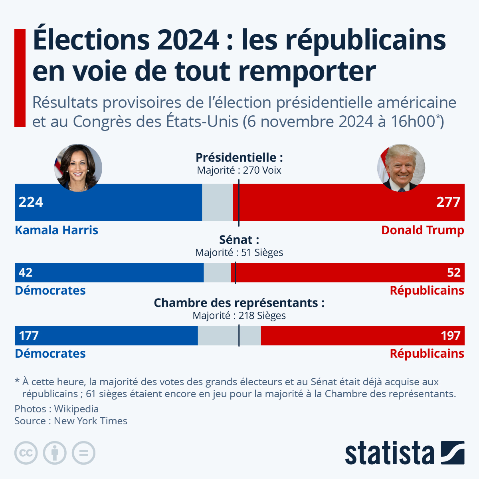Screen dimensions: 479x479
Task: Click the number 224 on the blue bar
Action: click(31, 202)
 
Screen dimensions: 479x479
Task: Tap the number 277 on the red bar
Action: click(448, 202)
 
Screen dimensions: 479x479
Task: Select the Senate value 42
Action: click(26, 273)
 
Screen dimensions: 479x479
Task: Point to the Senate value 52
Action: click(453, 273)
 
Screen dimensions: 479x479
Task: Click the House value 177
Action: click(29, 336)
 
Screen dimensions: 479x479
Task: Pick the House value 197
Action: click(451, 336)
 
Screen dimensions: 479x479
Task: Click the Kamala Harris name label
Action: click(57, 230)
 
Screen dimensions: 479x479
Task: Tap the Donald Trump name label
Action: click(423, 230)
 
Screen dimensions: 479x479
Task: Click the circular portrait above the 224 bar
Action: click(78, 168)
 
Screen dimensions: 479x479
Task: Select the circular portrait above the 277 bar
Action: click(401, 168)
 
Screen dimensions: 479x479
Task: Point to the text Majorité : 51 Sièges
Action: click(239, 253)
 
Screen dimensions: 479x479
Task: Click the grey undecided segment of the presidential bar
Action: click(218, 202)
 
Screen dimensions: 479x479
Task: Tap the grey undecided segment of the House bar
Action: click(230, 336)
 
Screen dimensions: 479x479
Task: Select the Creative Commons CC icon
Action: click(26, 453)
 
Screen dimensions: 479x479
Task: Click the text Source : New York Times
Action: click(71, 421)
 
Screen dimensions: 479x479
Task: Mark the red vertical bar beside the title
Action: click(20, 78)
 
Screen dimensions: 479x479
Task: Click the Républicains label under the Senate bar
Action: click(427, 291)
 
